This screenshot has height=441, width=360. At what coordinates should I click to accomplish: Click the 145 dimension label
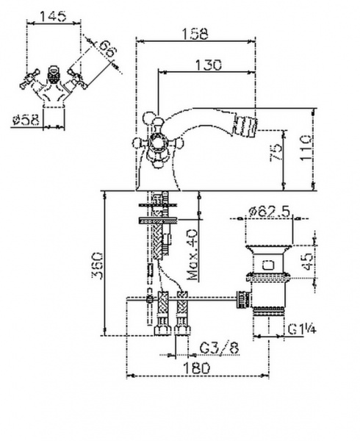point(54,16)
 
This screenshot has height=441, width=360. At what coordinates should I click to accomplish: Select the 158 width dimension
point(195,34)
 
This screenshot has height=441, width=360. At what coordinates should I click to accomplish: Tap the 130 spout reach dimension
point(208,65)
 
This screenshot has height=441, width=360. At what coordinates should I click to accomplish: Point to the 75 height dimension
point(276,152)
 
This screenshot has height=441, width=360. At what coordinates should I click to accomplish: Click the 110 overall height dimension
point(306,148)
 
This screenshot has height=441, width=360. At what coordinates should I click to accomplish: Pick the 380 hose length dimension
point(97,265)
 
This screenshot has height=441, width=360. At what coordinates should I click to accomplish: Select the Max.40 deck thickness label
point(192,255)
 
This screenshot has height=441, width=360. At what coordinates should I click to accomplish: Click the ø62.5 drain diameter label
point(270,211)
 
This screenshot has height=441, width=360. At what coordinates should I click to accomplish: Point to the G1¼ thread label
point(302,329)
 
